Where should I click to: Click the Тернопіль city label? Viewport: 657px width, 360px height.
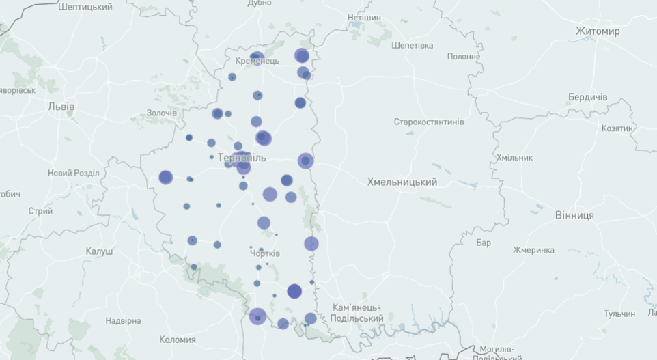[x=242, y=158]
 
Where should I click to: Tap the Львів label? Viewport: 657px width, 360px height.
[x=61, y=107]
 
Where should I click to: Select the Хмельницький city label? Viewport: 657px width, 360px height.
[x=402, y=182]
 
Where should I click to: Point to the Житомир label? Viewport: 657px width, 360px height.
[x=598, y=31]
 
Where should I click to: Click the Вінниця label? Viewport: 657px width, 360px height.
[x=574, y=215]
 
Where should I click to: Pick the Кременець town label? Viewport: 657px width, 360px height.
[x=257, y=61]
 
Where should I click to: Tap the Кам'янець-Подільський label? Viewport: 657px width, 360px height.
[x=357, y=313]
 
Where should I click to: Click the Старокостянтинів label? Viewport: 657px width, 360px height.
[x=428, y=122]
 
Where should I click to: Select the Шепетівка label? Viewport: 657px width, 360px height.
[x=413, y=46]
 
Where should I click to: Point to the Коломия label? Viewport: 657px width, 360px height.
[x=178, y=340]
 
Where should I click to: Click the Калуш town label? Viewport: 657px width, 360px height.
[x=99, y=251]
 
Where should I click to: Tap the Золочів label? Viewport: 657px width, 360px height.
[x=162, y=113]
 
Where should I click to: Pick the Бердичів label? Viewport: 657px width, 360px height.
[x=587, y=97]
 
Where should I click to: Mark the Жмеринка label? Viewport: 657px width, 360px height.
[x=533, y=249]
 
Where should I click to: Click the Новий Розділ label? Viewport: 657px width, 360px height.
[x=73, y=173]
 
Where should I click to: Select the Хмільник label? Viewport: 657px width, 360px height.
[x=514, y=158]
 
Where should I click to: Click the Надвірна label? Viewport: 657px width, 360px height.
[x=123, y=320]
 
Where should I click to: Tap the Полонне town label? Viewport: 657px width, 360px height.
[x=464, y=57]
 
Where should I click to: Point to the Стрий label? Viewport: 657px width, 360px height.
[x=40, y=211]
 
